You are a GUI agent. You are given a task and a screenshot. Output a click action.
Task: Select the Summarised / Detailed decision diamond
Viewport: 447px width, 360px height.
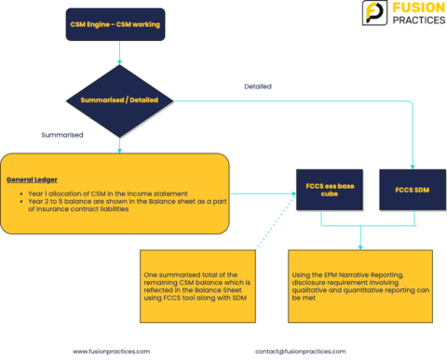(119, 99)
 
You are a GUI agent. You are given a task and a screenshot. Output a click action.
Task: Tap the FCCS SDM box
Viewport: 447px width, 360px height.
(413, 191)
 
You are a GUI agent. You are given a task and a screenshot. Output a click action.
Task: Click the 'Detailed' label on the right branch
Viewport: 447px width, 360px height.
(258, 87)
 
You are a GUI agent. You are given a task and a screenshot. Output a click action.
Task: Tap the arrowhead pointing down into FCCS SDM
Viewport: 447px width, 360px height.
(413, 165)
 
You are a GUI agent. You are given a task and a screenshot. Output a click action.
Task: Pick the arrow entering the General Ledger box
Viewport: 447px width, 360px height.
(119, 146)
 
